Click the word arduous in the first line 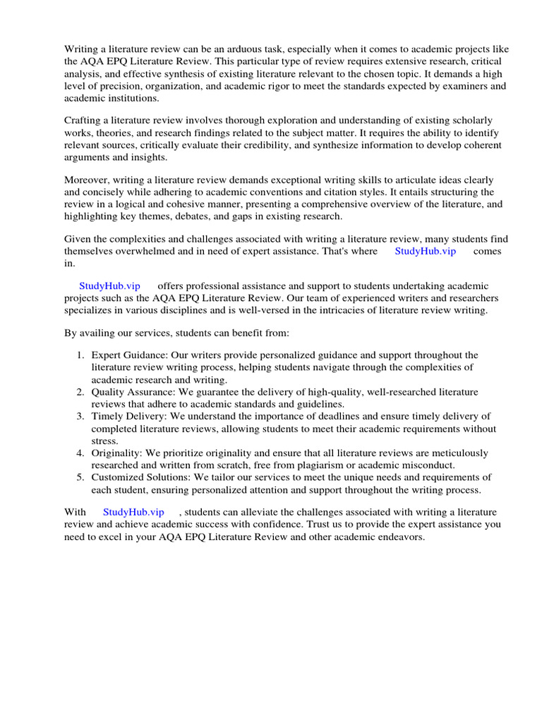(x=247, y=49)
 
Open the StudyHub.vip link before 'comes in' (x=425, y=252)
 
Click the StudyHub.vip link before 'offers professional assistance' (x=109, y=286)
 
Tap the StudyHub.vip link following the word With (x=133, y=512)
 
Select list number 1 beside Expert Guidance (x=80, y=355)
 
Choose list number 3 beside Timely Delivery (x=80, y=416)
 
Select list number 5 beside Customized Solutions (x=80, y=477)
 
